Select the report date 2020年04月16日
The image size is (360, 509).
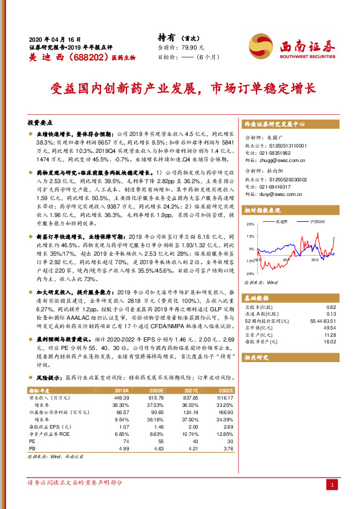(54, 37)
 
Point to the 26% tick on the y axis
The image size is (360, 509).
(249, 223)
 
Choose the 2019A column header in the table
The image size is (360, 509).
(122, 391)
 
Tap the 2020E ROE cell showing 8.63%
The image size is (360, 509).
(157, 434)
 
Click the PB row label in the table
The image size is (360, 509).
(32, 449)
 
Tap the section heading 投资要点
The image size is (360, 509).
(40, 121)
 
